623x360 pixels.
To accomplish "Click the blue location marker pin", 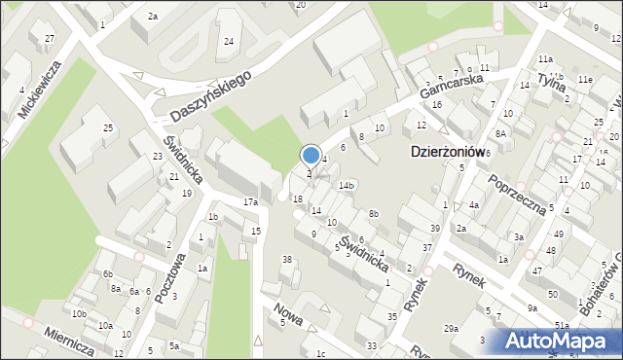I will pos(311,156).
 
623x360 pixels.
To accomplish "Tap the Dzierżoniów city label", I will pos(444,153).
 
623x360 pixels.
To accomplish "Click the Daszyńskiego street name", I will pos(209,95).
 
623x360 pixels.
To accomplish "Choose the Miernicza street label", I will pos(68,340).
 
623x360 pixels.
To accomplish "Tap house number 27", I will pos(49,38).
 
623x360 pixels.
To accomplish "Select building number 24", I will pos(229,41).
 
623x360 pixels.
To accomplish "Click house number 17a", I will pos(250,202).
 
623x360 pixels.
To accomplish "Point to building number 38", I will pos(287,259).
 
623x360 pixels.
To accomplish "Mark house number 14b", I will pos(347,185).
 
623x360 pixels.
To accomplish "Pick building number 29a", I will pos(452,329).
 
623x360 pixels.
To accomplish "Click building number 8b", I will pos(373,213).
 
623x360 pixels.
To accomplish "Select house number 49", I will pos(559,234).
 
